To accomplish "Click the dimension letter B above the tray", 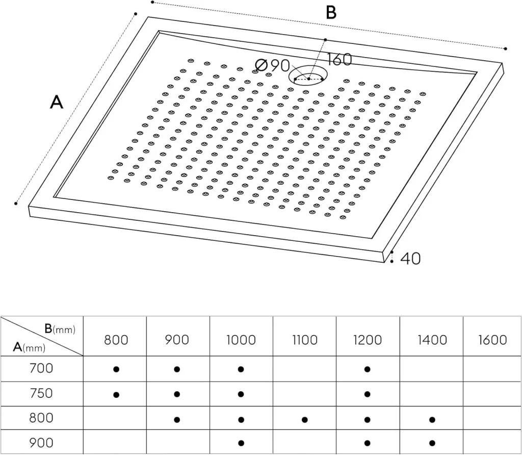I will pyautogui.click(x=331, y=12).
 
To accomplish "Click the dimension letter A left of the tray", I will pyautogui.click(x=57, y=103).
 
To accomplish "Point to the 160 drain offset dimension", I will pyautogui.click(x=338, y=59).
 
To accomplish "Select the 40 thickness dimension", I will pyautogui.click(x=410, y=259).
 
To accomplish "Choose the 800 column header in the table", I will pyautogui.click(x=116, y=340).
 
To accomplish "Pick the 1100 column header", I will pyautogui.click(x=305, y=340).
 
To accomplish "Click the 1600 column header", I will pyautogui.click(x=492, y=340).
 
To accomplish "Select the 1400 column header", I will pyautogui.click(x=432, y=340).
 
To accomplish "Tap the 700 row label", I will pyautogui.click(x=41, y=367).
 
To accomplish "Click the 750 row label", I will pyautogui.click(x=41, y=393).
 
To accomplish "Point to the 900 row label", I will pyautogui.click(x=41, y=443).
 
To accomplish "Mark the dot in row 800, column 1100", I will pyautogui.click(x=304, y=420).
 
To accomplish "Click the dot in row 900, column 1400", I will pyautogui.click(x=432, y=443).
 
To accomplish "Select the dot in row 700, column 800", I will pyautogui.click(x=116, y=369).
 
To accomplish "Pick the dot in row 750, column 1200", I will pyautogui.click(x=367, y=394).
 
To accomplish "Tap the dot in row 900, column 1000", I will pyautogui.click(x=241, y=443).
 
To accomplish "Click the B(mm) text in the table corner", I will pyautogui.click(x=60, y=329).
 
